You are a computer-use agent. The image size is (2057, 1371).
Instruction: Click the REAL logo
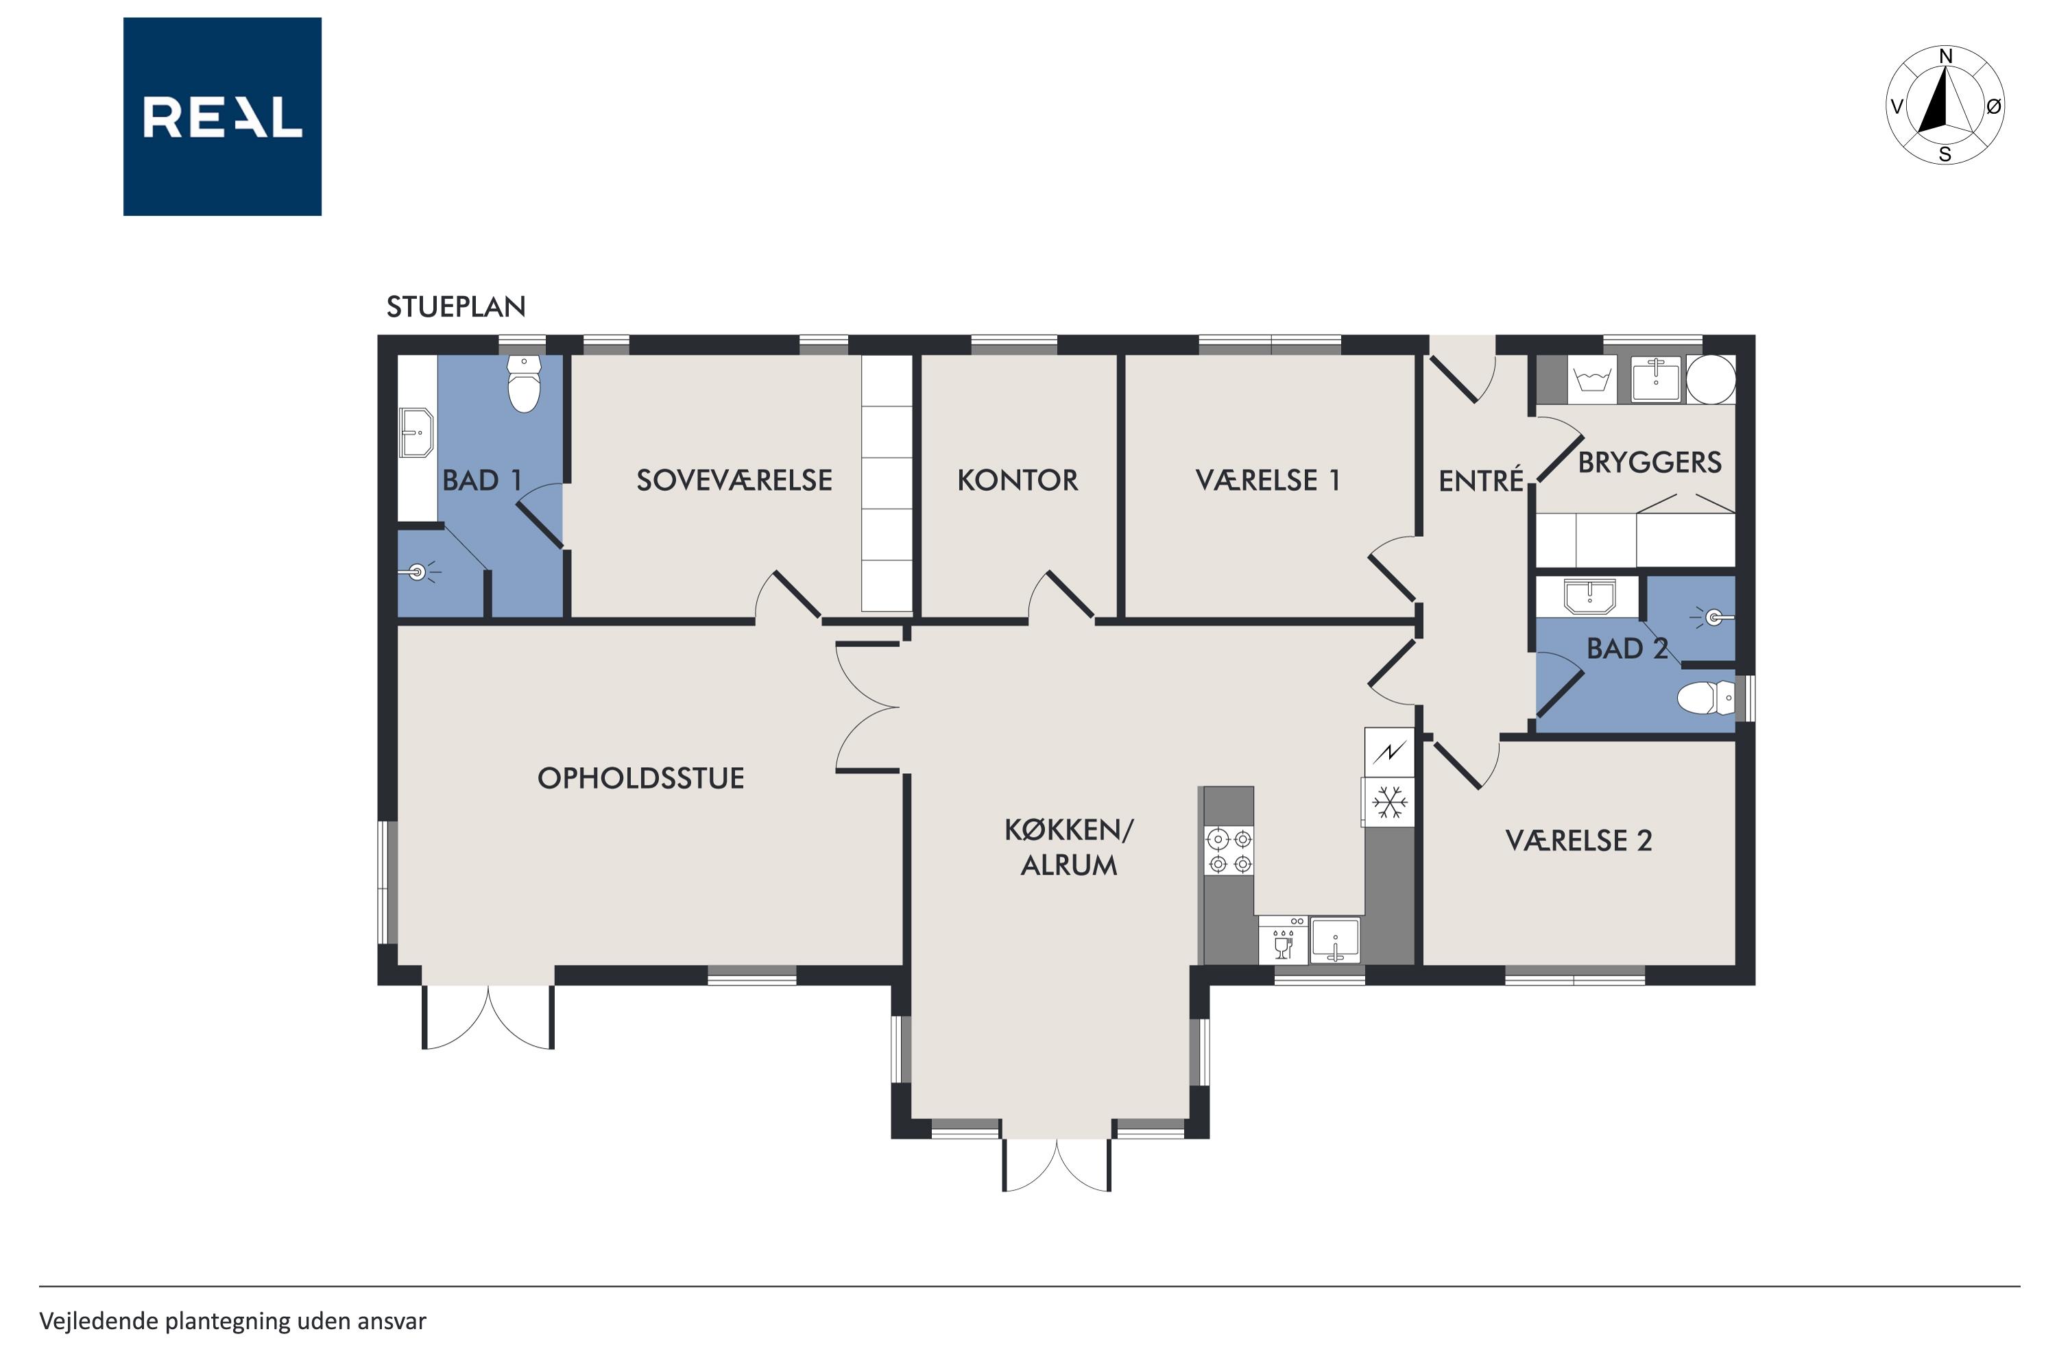(222, 117)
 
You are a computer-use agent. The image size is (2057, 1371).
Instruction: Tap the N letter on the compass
(1946, 57)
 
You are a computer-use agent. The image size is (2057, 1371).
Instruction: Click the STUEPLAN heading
(456, 307)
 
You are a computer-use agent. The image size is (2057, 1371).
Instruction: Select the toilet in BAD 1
(524, 383)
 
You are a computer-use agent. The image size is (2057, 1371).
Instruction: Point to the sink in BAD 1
(417, 432)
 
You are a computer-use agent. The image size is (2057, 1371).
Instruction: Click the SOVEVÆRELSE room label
(734, 480)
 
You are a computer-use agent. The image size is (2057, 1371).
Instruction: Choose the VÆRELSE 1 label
(1267, 480)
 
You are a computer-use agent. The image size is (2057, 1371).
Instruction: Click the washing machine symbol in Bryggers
(1591, 380)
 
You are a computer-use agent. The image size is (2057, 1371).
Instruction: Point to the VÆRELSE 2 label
(1578, 840)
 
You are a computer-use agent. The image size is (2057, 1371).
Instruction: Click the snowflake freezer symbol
(1389, 802)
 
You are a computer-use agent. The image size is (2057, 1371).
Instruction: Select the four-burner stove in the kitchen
(1229, 851)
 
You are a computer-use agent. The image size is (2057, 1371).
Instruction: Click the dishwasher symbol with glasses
(1283, 940)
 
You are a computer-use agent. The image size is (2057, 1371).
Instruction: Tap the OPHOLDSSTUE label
(641, 778)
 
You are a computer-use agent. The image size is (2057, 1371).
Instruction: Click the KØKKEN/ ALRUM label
(1069, 847)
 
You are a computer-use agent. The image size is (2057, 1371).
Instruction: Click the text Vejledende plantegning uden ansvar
(232, 1321)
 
